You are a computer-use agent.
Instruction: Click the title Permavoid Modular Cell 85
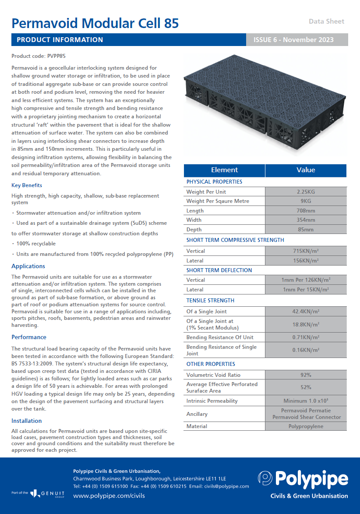click(95, 23)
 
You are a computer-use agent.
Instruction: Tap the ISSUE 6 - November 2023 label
click(293, 40)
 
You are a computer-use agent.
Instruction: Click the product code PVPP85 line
click(39, 56)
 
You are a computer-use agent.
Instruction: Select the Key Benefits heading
click(27, 185)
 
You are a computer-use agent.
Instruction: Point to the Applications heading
click(28, 266)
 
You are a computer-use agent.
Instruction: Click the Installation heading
click(27, 421)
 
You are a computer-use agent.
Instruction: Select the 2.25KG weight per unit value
click(306, 192)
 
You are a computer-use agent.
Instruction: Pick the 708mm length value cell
click(306, 211)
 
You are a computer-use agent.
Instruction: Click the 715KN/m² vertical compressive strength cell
click(306, 251)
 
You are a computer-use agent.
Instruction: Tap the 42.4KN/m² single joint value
click(306, 312)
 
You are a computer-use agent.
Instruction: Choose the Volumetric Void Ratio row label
click(213, 375)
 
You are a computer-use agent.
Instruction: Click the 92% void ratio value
click(306, 375)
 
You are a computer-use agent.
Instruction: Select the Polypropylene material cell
click(306, 426)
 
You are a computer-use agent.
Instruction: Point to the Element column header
click(224, 170)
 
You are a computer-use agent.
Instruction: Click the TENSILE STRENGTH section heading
click(210, 301)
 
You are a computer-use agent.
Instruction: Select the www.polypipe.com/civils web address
click(109, 496)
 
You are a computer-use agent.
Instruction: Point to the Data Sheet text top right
click(326, 21)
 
